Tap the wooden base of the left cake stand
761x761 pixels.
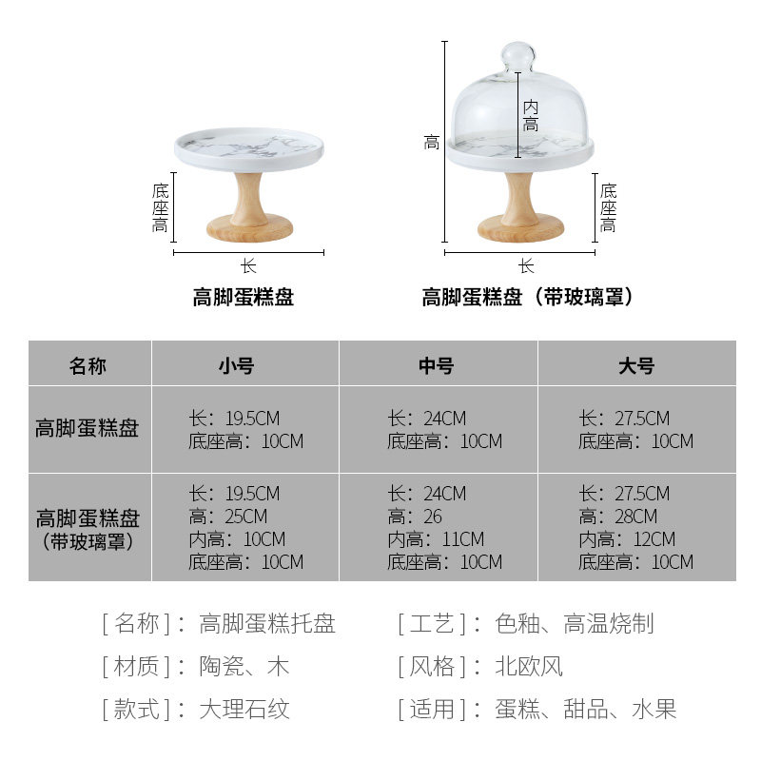coord(249,228)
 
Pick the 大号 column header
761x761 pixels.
coord(635,365)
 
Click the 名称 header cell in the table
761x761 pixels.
coord(88,365)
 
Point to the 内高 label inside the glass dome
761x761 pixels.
coord(530,116)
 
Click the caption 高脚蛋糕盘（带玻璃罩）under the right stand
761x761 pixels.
coord(529,298)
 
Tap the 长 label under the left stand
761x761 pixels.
coord(248,267)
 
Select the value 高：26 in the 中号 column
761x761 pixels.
coord(415,517)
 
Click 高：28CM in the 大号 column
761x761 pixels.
coord(617,517)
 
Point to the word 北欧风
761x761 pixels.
coord(529,666)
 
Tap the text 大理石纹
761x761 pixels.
coord(244,709)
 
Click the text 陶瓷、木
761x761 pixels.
coord(244,666)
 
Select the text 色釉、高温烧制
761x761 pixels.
coord(574,624)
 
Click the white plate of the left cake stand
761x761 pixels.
coord(249,147)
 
